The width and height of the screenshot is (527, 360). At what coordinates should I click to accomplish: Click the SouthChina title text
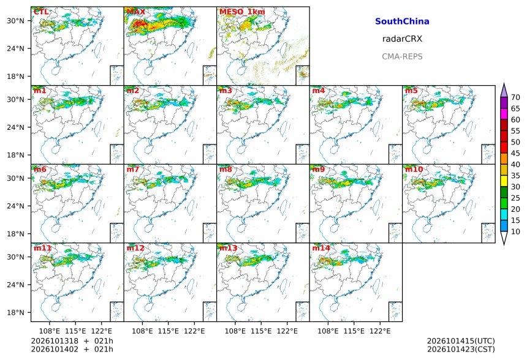point(402,21)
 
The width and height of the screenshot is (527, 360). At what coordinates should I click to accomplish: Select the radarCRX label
point(402,39)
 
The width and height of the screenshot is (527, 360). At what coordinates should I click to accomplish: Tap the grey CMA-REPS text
point(402,56)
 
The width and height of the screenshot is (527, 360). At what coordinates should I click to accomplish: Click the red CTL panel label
point(41,12)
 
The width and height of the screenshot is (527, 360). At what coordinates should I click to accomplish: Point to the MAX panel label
point(136,12)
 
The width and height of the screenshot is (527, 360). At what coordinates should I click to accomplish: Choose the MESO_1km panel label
point(242,12)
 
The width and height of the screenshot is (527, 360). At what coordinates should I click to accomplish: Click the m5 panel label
point(411,91)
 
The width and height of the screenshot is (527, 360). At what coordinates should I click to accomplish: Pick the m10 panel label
point(414,169)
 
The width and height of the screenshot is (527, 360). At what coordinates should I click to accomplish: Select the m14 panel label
point(321,248)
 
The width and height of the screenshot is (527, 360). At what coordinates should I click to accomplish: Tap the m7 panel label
point(133,169)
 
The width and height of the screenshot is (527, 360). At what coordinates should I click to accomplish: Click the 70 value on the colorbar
point(515,97)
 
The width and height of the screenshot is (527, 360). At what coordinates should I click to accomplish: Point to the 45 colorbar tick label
point(515,153)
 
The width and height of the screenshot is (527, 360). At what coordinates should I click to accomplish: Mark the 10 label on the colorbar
point(515,231)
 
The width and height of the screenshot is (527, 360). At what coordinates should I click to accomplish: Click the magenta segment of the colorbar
point(504,114)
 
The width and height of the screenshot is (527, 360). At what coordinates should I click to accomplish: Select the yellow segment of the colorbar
point(504,181)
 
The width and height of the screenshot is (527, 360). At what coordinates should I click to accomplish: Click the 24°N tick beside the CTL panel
point(16,48)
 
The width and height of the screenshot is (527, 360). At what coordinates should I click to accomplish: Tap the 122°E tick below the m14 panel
point(380,331)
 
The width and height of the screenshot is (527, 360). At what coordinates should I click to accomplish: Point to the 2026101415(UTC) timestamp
point(461,341)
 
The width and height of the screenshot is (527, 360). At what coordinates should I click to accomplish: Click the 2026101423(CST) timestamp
point(461,349)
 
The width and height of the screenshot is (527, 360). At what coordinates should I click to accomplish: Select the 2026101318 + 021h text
point(72,341)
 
